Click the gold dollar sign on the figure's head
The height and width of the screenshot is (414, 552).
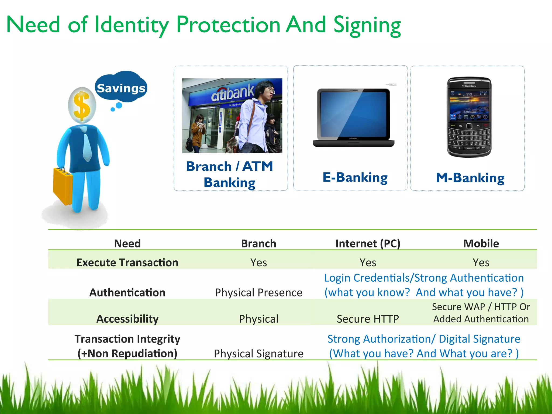click(x=82, y=106)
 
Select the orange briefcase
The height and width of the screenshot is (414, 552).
click(x=63, y=186)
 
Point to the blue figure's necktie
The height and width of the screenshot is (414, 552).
click(x=87, y=147)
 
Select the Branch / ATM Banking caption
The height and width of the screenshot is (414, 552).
click(x=230, y=174)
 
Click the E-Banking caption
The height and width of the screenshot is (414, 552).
click(x=355, y=177)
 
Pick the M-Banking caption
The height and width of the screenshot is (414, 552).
click(x=470, y=178)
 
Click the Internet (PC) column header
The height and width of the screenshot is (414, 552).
click(x=368, y=243)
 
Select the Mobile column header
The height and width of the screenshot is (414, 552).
click(x=481, y=243)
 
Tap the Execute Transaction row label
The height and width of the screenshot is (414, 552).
click(x=127, y=263)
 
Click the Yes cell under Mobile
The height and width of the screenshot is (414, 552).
click(x=481, y=263)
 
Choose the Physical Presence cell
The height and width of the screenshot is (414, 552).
click(x=258, y=292)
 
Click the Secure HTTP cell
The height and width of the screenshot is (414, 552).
click(x=368, y=319)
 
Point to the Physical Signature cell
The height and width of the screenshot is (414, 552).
click(x=258, y=353)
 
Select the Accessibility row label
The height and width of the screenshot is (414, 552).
click(x=127, y=319)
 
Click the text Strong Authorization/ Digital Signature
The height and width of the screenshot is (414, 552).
click(x=424, y=339)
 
